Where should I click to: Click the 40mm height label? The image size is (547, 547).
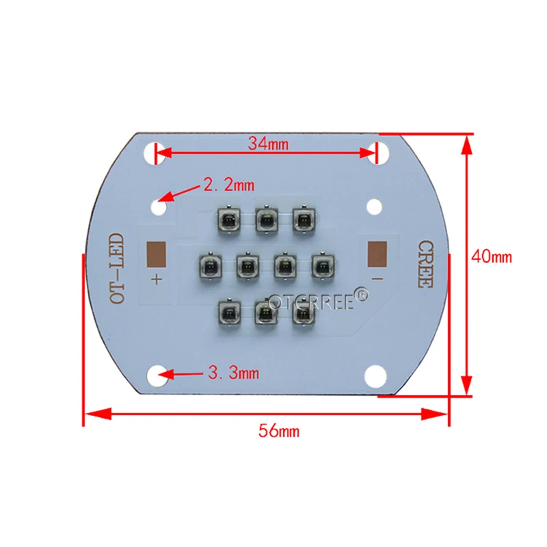click(x=492, y=257)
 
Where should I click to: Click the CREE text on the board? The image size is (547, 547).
click(x=425, y=263)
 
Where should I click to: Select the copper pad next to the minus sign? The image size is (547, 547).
click(x=377, y=254)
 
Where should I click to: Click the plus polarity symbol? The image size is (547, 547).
click(x=157, y=279)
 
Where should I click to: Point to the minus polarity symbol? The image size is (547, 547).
click(x=377, y=279)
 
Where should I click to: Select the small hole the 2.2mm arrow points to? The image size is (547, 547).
click(x=160, y=205)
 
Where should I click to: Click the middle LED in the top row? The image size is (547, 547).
click(x=265, y=219)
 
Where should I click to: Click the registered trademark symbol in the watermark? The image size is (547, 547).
click(x=361, y=295)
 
